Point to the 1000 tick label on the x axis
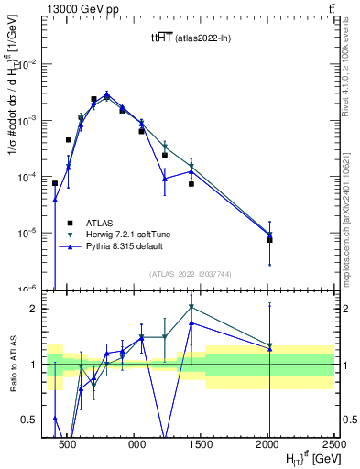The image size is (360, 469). point(134,442)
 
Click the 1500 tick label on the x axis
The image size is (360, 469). point(201,442)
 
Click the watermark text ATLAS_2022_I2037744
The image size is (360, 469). point(190,274)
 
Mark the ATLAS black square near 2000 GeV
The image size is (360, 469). point(269,240)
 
